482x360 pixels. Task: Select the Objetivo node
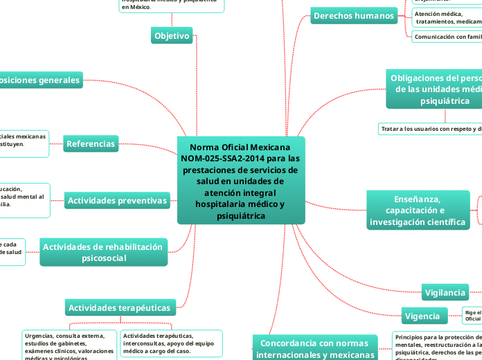tap(172, 36)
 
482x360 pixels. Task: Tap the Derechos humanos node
tap(353, 16)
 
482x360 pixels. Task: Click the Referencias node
tap(91, 144)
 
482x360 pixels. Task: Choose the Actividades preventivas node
tap(118, 201)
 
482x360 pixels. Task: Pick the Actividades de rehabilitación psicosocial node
tap(103, 253)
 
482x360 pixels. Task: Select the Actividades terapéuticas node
tap(120, 307)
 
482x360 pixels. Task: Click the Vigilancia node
tap(445, 293)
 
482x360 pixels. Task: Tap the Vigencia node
tap(422, 316)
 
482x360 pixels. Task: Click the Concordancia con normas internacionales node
tap(315, 348)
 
